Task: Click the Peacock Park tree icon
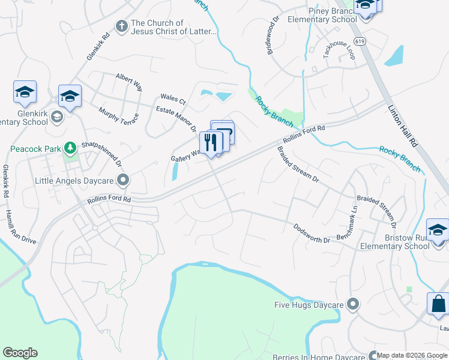pos(70,148)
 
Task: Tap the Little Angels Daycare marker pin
pos(124,179)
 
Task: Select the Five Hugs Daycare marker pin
pos(353,305)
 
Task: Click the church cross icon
pos(121,26)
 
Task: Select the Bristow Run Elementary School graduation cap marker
pos(437,231)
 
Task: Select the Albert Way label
pos(129,82)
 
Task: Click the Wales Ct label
pos(173,99)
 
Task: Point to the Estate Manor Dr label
pos(176,119)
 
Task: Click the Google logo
pos(20,353)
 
